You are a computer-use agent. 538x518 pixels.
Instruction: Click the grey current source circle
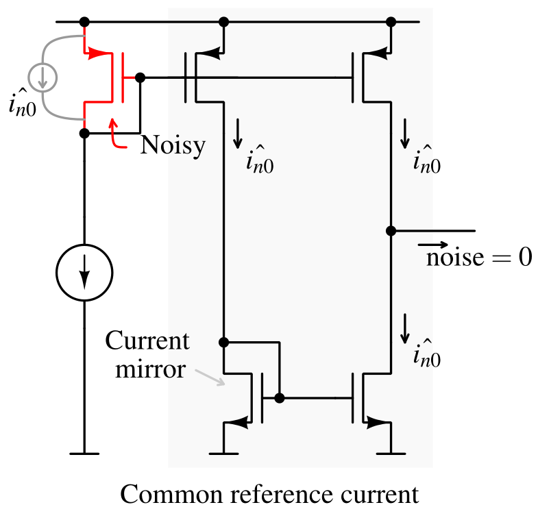[42, 77]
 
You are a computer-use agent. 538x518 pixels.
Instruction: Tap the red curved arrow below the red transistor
[115, 135]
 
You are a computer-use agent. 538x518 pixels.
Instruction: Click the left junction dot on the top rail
[223, 22]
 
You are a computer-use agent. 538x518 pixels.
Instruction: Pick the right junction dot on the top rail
[391, 22]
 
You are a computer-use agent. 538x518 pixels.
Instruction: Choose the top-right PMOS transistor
[370, 75]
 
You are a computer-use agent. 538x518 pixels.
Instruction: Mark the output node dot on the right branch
[391, 231]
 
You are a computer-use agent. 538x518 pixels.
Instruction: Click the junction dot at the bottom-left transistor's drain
[223, 342]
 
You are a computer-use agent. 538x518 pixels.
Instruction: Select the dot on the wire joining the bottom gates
[279, 397]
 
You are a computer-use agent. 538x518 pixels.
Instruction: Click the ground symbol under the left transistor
[223, 453]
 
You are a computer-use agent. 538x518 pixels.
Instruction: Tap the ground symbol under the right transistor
[391, 453]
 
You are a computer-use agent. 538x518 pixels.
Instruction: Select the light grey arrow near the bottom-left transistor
[210, 377]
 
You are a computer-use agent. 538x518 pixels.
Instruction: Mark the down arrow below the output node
[404, 328]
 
